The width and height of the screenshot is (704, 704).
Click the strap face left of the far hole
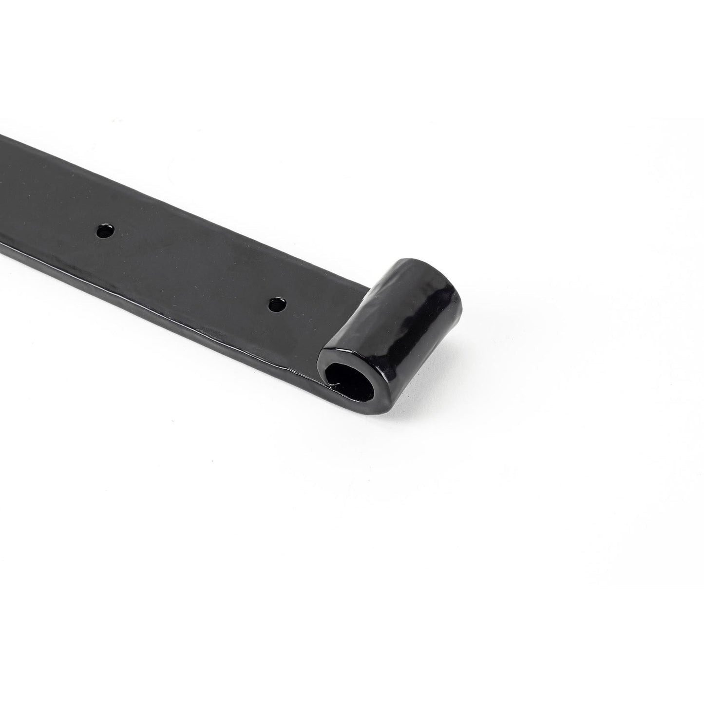pyautogui.click(x=58, y=214)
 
